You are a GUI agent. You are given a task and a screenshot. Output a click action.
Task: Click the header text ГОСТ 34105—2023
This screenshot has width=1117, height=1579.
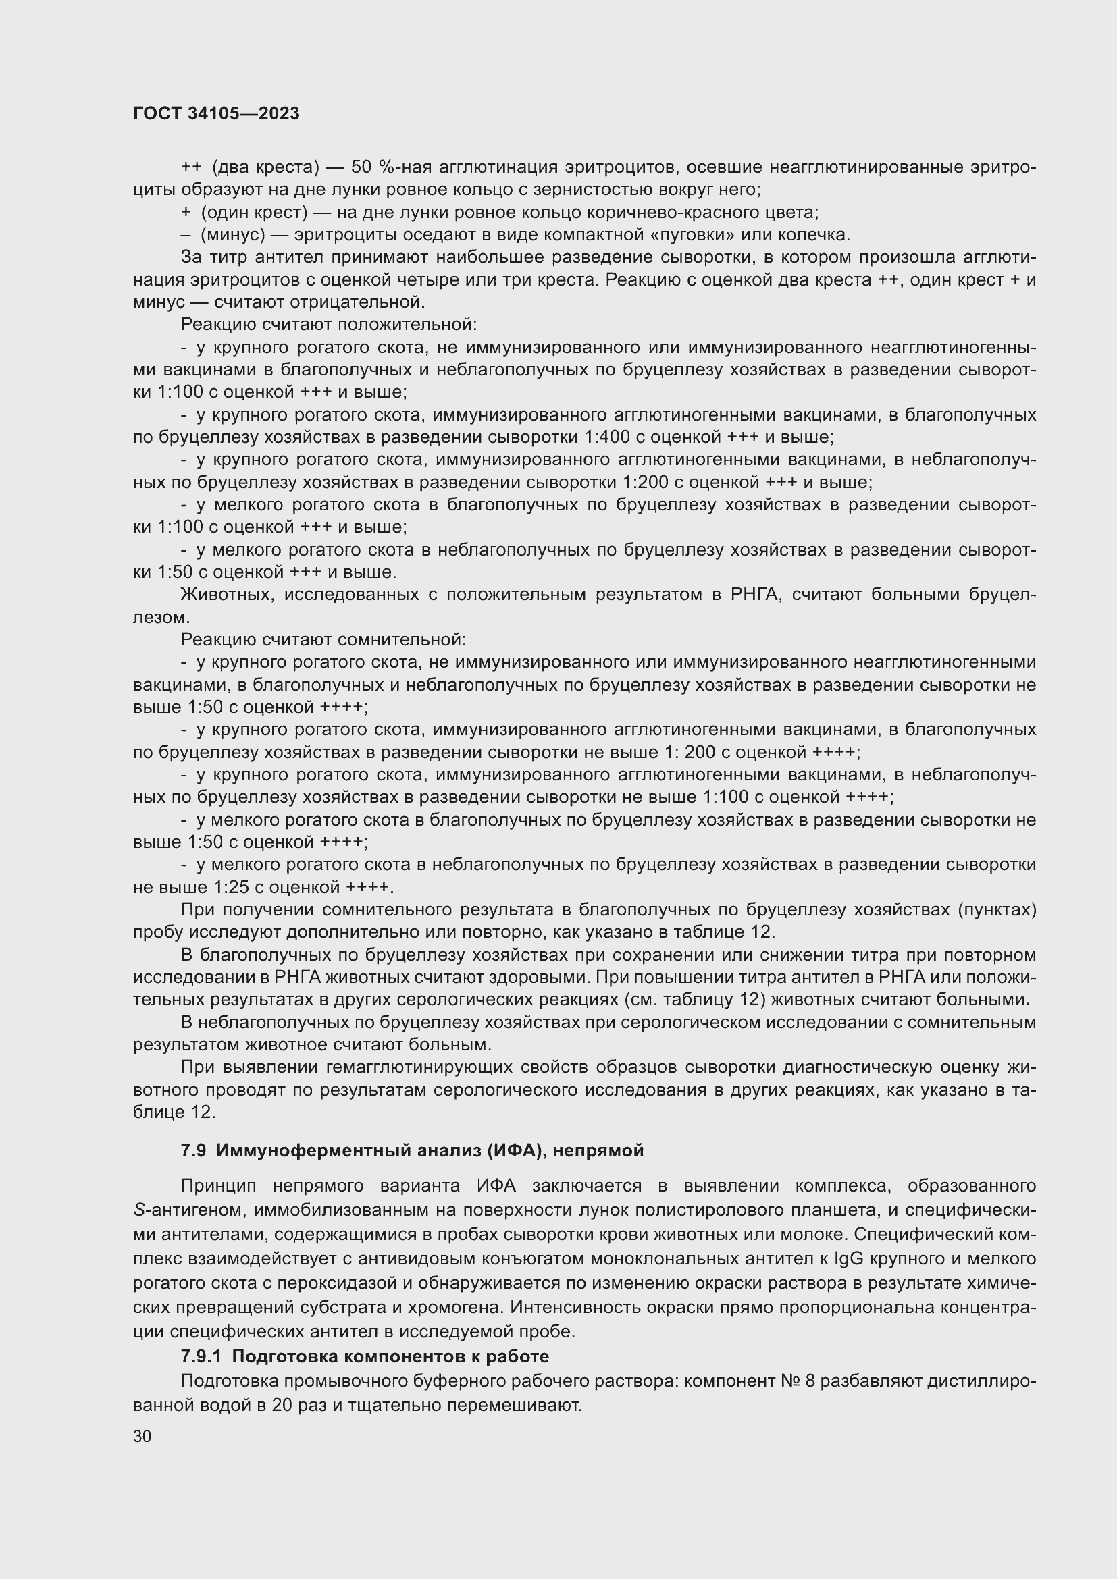pyautogui.click(x=216, y=114)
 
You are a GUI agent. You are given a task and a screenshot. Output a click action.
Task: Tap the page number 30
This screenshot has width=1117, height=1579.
pyautogui.click(x=142, y=1436)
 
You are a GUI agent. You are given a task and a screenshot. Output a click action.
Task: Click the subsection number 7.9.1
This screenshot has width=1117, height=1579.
pyautogui.click(x=202, y=1357)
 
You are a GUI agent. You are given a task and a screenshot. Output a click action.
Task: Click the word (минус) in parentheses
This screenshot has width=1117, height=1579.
pyautogui.click(x=232, y=235)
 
